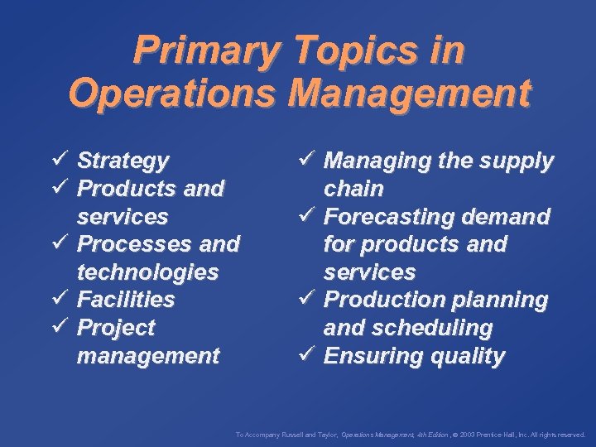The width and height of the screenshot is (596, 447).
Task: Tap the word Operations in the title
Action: pos(175,92)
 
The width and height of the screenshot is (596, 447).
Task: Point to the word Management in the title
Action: pos(408,92)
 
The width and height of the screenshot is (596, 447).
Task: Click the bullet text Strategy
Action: pos(123,160)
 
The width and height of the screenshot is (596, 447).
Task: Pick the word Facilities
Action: pos(126,299)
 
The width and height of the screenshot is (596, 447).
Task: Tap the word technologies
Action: pos(147,272)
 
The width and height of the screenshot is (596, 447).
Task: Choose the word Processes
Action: pos(132,244)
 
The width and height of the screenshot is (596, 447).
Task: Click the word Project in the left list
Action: pos(116,328)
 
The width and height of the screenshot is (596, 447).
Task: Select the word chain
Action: pos(353,189)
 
